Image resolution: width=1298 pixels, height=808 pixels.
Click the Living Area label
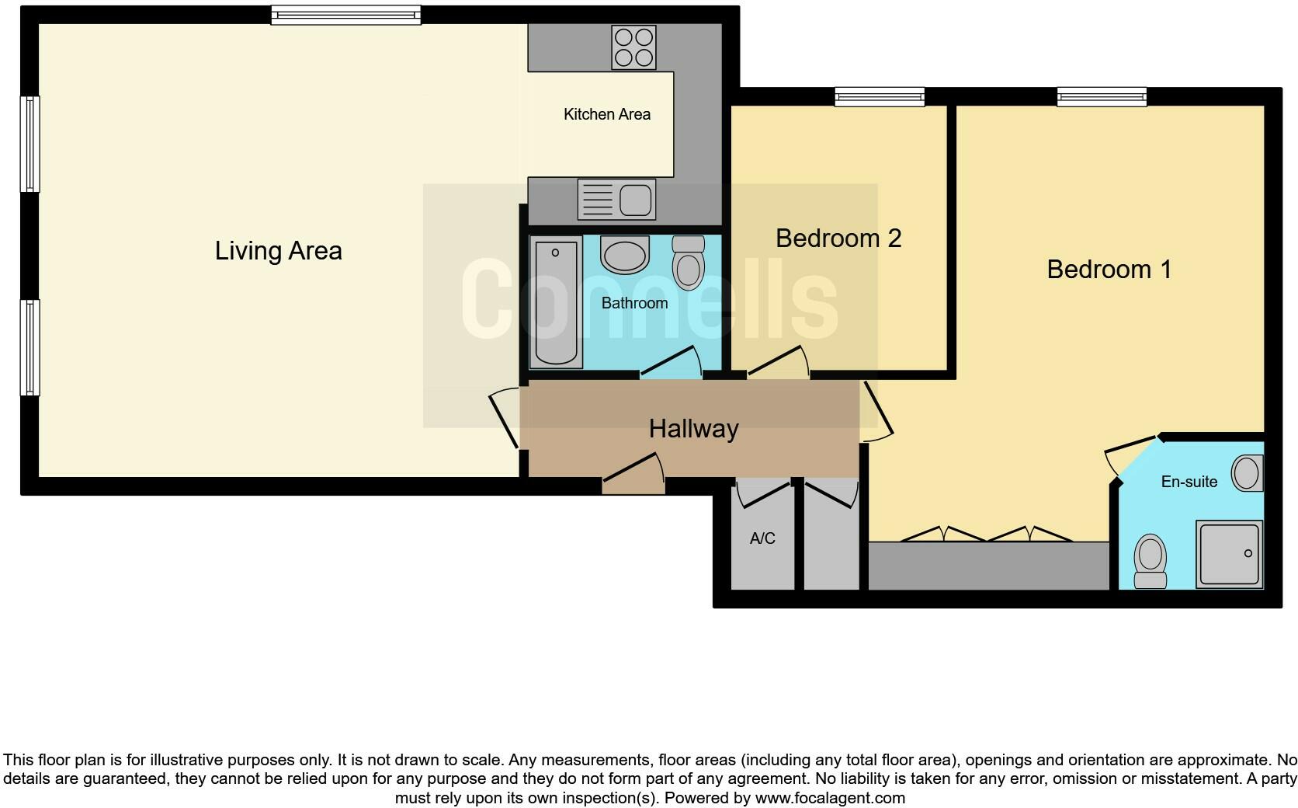pyautogui.click(x=278, y=251)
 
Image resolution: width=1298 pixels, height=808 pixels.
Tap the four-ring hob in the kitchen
pyautogui.click(x=633, y=47)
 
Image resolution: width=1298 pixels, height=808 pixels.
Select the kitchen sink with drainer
pyautogui.click(x=617, y=199)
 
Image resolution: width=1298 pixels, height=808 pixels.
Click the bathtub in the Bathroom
pyautogui.click(x=556, y=302)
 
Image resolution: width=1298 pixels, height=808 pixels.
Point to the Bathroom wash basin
pyautogui.click(x=625, y=256)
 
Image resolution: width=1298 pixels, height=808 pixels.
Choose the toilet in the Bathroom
pyautogui.click(x=688, y=263)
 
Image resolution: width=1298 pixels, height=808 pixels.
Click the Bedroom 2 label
pyautogui.click(x=838, y=239)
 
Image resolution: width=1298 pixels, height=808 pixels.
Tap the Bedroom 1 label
pyautogui.click(x=1109, y=270)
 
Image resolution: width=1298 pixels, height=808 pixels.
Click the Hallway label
pyautogui.click(x=693, y=429)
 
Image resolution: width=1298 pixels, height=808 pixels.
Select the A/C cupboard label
pyautogui.click(x=762, y=538)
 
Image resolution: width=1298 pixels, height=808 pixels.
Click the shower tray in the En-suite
pyautogui.click(x=1229, y=553)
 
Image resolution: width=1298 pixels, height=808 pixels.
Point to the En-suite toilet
pyautogui.click(x=1150, y=561)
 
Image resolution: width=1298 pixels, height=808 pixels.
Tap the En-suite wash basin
pyautogui.click(x=1247, y=473)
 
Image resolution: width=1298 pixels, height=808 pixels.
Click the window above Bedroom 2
pyautogui.click(x=880, y=96)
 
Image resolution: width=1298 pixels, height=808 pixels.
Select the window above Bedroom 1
pyautogui.click(x=1102, y=96)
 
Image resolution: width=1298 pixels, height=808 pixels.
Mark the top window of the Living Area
pyautogui.click(x=345, y=16)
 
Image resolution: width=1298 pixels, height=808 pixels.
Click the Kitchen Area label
pyautogui.click(x=607, y=115)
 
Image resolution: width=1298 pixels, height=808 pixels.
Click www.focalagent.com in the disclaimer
pyautogui.click(x=830, y=798)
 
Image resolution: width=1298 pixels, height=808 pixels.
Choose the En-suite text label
pyautogui.click(x=1189, y=482)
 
